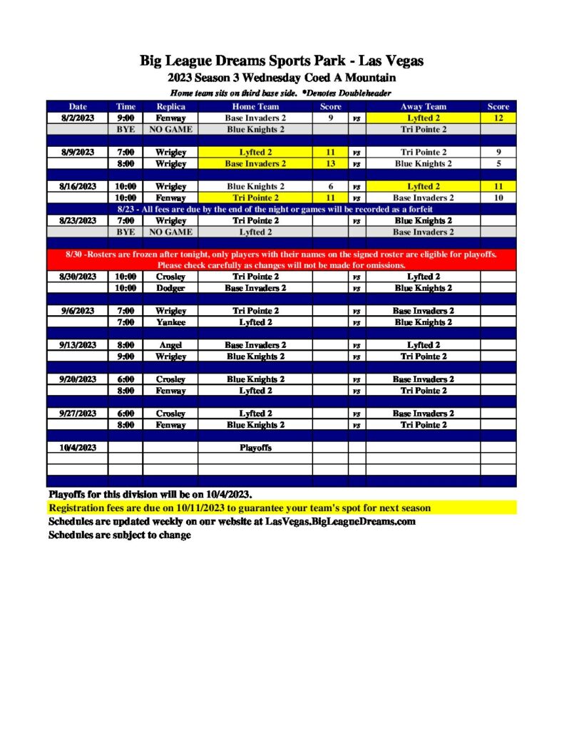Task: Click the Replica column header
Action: pos(170,107)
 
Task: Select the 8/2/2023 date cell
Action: pos(78,118)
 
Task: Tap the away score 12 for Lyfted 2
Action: pos(498,118)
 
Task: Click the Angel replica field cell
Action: pos(170,345)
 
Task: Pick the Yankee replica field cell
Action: pos(170,322)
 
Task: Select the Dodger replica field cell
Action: pos(170,288)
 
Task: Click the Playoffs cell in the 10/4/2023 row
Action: pos(255,448)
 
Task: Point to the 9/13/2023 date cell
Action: pos(78,345)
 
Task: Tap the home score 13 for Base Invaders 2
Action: pos(331,164)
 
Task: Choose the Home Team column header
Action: pos(255,107)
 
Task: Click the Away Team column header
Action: pos(423,107)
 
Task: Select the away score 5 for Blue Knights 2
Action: pos(498,164)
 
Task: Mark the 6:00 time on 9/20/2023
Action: pos(125,379)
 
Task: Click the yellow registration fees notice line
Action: pos(240,508)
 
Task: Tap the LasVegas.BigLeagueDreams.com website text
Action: pos(340,522)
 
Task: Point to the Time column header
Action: pos(125,107)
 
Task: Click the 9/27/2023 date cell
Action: pos(78,413)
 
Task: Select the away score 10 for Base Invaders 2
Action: pos(498,198)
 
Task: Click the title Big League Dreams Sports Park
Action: pos(282,61)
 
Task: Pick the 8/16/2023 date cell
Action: pos(78,187)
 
